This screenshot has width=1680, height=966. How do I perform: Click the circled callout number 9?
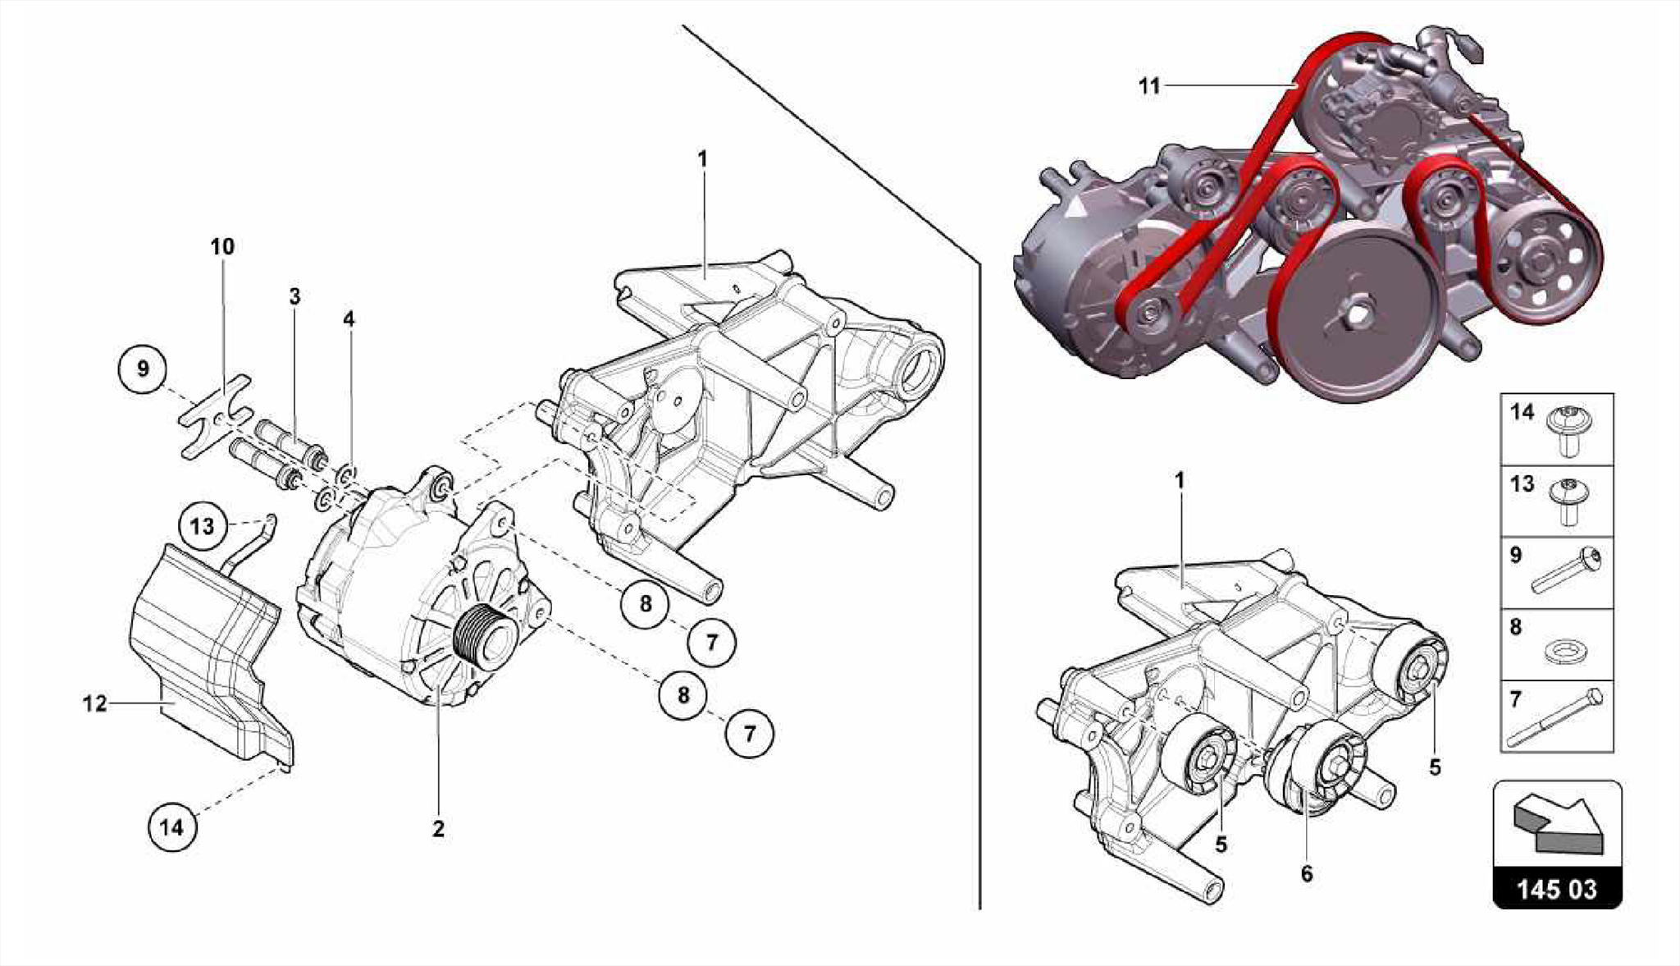[143, 369]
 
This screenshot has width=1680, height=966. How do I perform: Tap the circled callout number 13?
[202, 526]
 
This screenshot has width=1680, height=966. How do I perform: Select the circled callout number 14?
[172, 826]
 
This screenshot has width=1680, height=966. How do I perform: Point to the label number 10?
[222, 246]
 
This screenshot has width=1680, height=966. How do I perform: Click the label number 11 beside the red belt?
[1149, 85]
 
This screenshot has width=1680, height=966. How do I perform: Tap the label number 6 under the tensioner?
[1307, 874]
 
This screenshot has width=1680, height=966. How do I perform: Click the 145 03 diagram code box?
[1556, 889]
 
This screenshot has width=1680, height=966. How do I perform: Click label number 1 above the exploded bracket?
[702, 158]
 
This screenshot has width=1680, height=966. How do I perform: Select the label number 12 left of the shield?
[95, 703]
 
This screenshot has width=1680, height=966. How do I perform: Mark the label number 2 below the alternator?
[439, 829]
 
